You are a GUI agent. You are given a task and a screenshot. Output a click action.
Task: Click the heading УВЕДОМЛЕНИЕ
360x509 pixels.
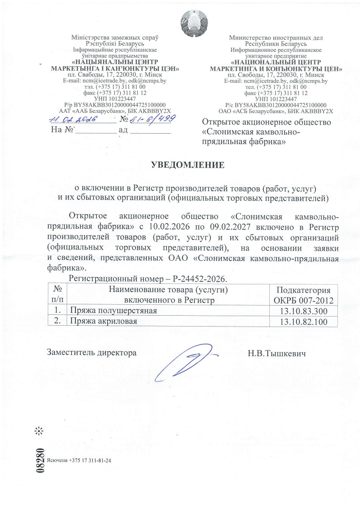click(188, 165)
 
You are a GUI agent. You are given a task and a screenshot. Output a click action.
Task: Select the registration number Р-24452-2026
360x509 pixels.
click(201, 277)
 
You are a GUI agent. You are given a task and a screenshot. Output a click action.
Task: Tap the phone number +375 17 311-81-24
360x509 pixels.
click(93, 460)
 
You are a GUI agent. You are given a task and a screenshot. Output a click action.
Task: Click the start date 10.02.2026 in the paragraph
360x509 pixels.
click(168, 227)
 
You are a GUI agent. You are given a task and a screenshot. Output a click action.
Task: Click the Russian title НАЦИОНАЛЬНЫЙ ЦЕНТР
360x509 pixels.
click(276, 62)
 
